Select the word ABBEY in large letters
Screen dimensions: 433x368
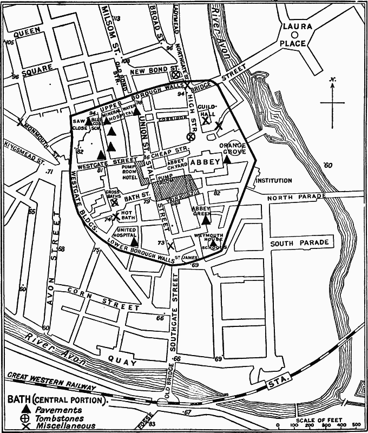coord(207,162)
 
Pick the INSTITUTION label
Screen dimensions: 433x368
coord(274,180)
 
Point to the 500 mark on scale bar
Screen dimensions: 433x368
coord(357,425)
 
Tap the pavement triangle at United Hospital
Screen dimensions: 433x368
coord(135,242)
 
